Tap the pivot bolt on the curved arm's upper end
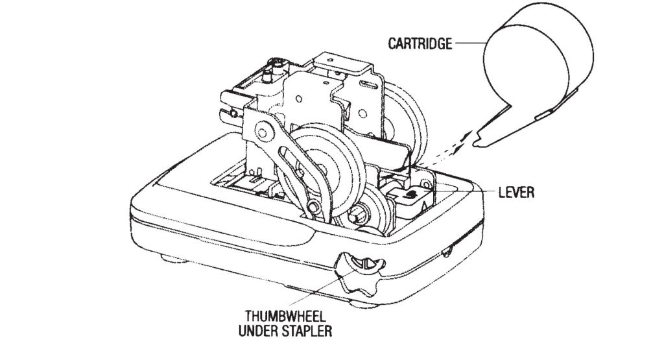pos(264,134)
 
